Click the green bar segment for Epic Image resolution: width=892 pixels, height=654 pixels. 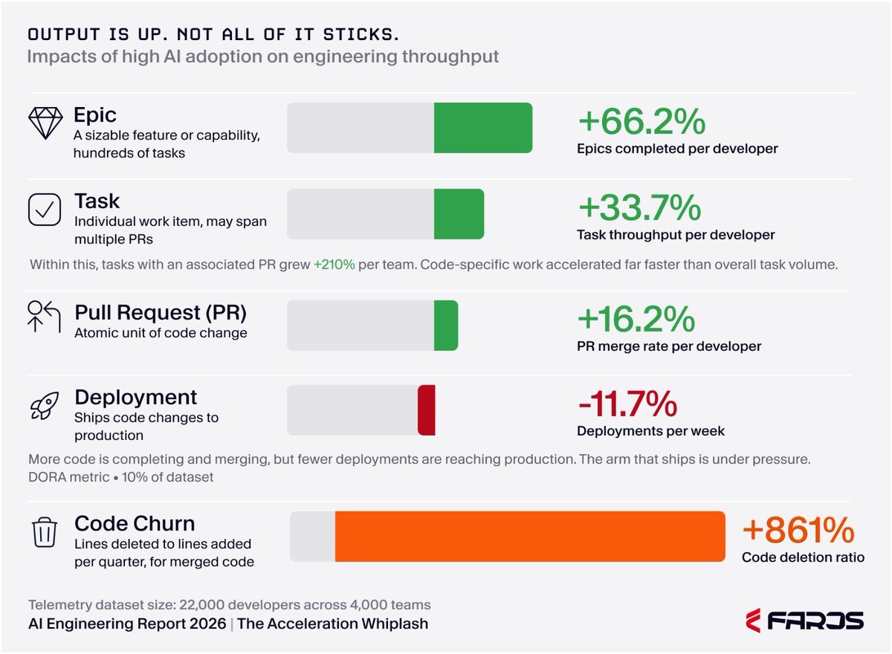click(x=483, y=128)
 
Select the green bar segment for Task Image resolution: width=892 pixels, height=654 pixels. click(x=459, y=214)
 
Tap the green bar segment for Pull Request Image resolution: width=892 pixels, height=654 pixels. click(x=446, y=326)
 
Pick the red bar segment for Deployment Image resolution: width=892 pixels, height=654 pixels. click(x=427, y=410)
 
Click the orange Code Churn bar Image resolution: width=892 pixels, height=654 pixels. click(x=530, y=536)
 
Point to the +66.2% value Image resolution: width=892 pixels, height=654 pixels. click(x=642, y=121)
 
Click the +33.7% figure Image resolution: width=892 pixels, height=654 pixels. click(x=639, y=207)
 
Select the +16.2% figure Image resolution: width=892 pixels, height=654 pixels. click(x=636, y=319)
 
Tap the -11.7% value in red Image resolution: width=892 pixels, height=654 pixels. click(x=627, y=404)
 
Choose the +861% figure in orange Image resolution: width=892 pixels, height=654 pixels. click(x=798, y=530)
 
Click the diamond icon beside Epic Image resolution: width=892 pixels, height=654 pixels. click(x=45, y=123)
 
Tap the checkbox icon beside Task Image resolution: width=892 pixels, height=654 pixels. click(x=45, y=210)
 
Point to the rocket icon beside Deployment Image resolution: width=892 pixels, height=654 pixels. click(x=45, y=406)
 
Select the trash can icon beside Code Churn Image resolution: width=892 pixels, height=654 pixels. click(x=44, y=533)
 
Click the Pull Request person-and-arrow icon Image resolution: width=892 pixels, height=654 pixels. click(x=44, y=317)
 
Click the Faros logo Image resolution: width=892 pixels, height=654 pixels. click(x=805, y=621)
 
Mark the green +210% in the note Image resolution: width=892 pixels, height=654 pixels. click(x=334, y=265)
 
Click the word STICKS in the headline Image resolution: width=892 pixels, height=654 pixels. click(x=361, y=35)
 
